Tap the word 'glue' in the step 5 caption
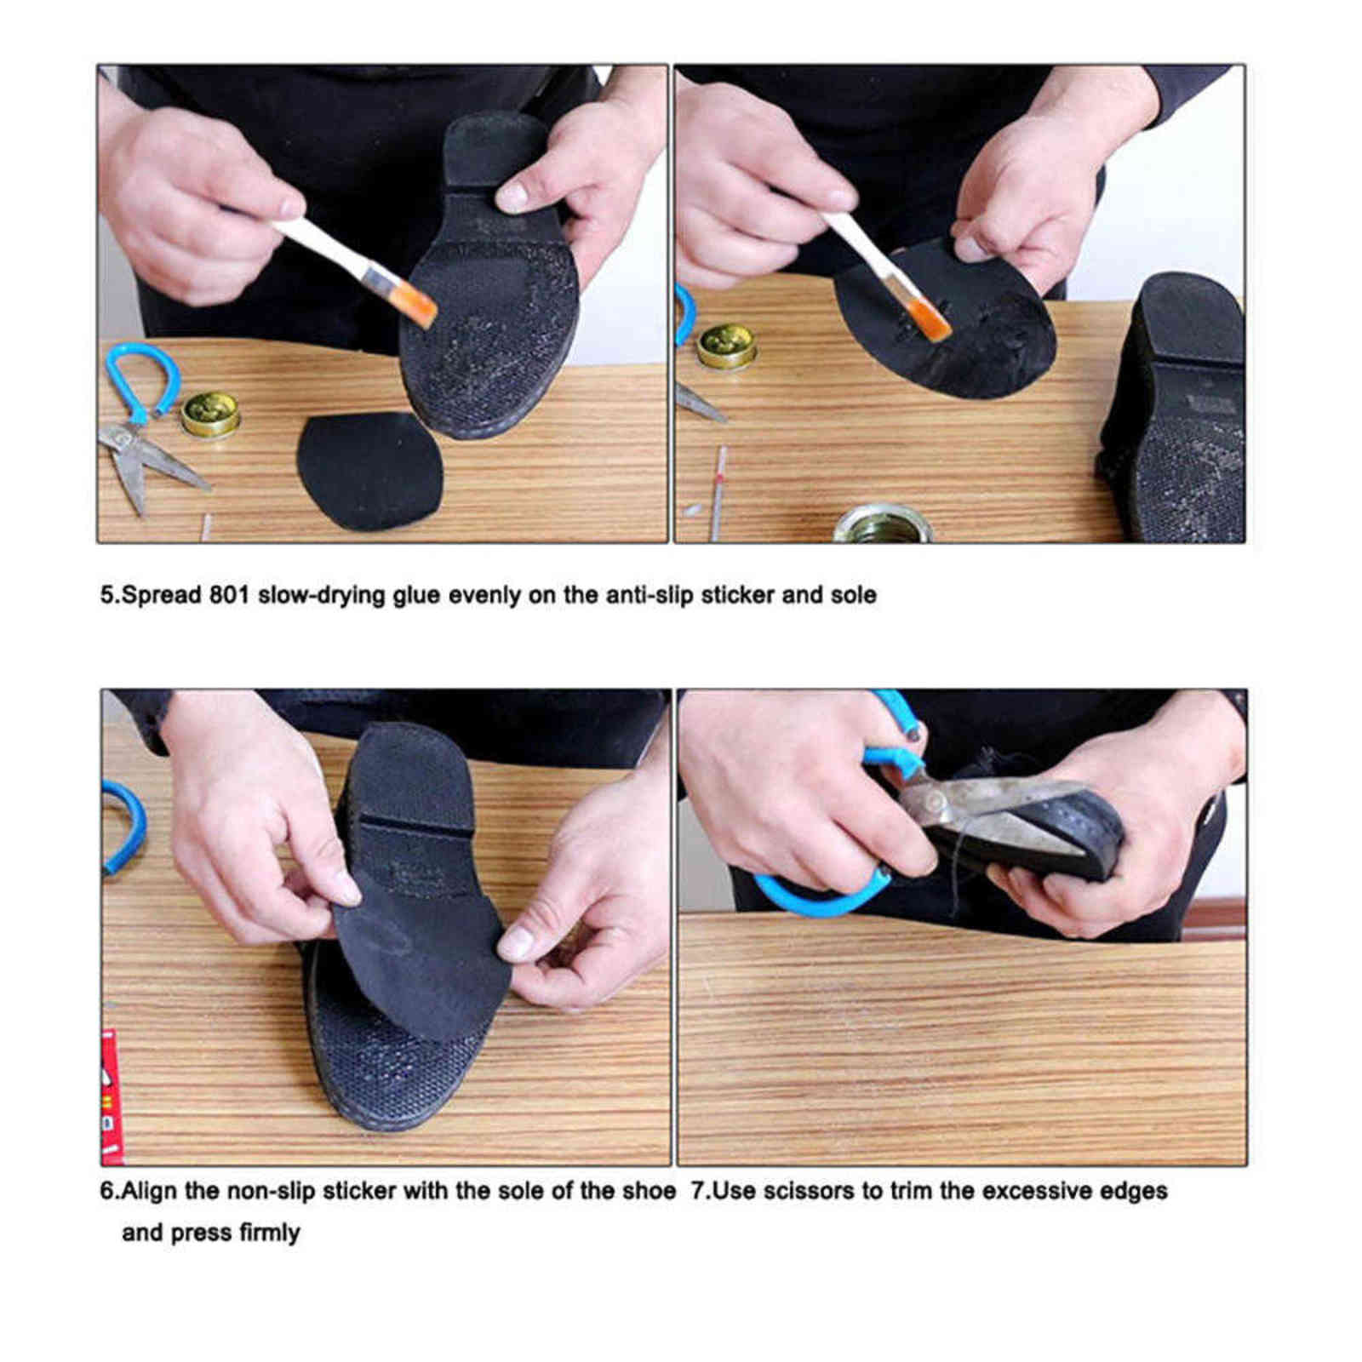(416, 595)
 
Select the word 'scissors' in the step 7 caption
(809, 1190)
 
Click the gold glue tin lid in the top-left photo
(210, 413)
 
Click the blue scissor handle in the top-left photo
(141, 375)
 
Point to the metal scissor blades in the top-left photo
(153, 464)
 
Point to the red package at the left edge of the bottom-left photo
(111, 1098)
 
